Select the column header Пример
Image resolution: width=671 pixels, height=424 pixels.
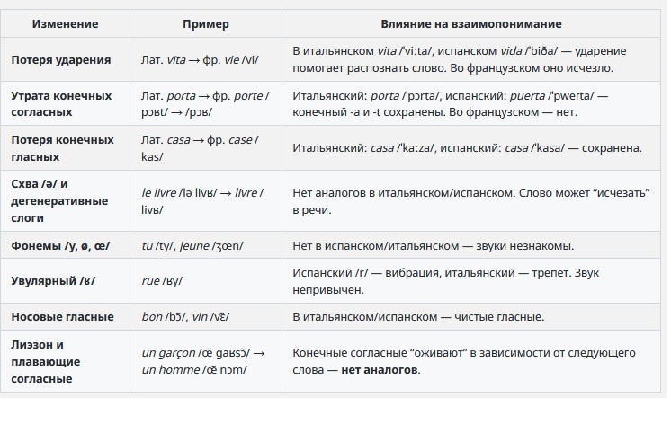coord(205,23)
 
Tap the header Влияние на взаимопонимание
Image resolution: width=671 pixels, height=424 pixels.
coord(471,23)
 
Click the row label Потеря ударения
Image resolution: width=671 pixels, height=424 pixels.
coord(61,59)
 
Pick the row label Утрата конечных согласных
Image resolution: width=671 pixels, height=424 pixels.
coord(61,104)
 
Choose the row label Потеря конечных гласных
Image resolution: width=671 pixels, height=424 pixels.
coord(61,148)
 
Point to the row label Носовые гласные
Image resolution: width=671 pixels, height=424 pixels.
coord(62,317)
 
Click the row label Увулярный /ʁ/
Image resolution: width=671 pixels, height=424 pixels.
coord(53,281)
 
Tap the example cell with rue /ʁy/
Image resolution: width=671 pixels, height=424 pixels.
coord(162,281)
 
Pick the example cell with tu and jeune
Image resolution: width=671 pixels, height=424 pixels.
coord(192,245)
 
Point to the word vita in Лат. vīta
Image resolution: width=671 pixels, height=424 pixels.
coord(178,59)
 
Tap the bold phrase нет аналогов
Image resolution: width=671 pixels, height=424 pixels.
coord(380,370)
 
